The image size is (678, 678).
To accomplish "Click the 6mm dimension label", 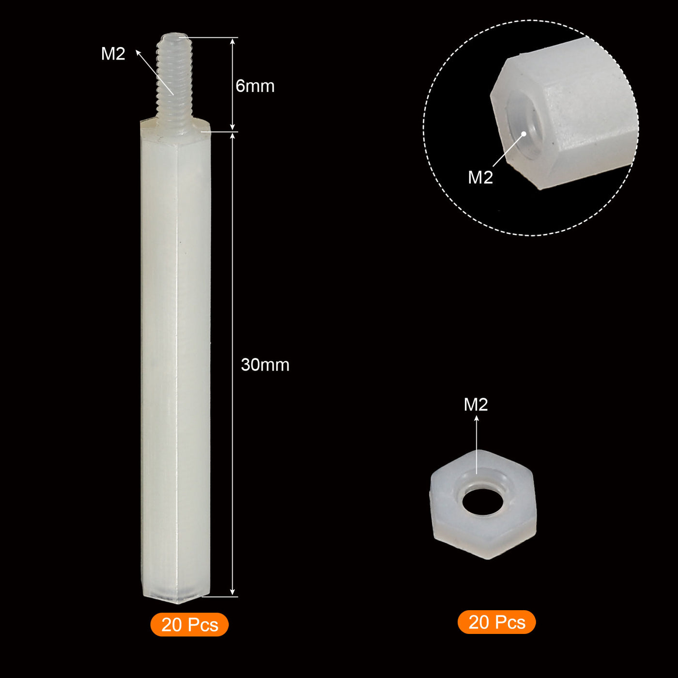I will point(255,86).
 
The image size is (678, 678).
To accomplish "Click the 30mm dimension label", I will point(265,365).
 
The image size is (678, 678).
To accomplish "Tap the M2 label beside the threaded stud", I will point(113,54).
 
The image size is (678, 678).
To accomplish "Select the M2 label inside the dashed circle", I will point(480,177).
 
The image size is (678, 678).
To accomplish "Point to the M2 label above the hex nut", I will point(476,404).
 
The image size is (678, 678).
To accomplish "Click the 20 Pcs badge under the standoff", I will point(189,625).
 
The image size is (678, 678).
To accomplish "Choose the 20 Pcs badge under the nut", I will point(497,622).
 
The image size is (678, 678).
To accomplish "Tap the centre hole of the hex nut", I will point(482,502).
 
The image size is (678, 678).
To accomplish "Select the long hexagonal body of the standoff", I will point(175,363).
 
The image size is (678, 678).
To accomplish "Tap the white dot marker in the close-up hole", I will point(524,134).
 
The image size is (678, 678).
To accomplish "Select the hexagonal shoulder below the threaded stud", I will point(175,127).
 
